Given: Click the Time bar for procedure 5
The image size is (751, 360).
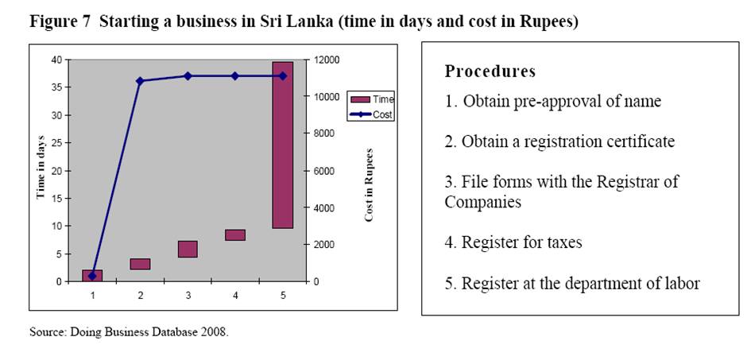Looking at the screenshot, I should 283,145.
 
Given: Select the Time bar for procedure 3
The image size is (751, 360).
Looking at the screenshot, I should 188,249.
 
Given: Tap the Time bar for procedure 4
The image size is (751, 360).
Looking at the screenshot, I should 235,234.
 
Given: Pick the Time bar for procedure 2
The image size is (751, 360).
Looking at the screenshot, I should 141,264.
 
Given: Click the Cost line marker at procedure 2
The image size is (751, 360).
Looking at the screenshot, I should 140,81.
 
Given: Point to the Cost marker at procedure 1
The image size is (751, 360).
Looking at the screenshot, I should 93,276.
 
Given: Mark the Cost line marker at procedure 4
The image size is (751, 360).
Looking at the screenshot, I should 235,76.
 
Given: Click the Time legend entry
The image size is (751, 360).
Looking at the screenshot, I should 371,99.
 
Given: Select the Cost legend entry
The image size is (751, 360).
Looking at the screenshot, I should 371,114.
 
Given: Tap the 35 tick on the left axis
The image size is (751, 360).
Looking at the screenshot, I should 56,87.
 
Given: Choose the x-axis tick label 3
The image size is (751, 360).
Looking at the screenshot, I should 188,295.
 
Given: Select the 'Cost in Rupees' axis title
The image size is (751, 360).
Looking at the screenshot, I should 369,184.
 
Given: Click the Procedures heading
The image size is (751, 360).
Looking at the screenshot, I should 490,72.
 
